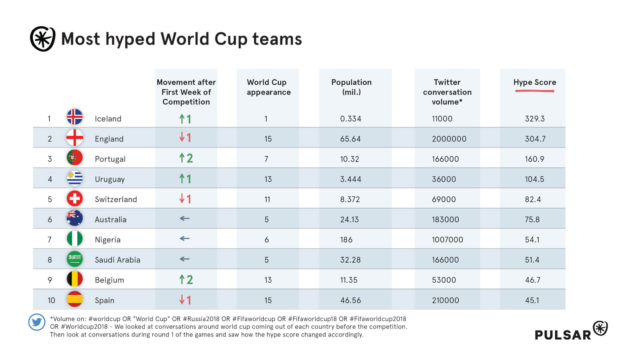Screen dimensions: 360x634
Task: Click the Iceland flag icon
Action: click(75, 117)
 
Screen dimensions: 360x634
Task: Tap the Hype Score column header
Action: click(534, 82)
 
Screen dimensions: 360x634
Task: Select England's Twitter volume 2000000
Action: click(449, 139)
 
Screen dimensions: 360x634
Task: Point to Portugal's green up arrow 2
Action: click(186, 158)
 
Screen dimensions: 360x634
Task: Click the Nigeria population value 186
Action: click(346, 240)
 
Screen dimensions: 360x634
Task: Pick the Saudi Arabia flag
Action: click(75, 259)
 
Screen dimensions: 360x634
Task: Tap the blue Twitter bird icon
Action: click(37, 322)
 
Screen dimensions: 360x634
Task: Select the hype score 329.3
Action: click(534, 119)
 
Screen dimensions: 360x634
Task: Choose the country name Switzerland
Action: click(116, 200)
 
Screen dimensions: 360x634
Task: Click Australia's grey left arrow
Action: click(184, 219)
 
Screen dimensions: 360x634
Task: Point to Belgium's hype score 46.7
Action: click(533, 280)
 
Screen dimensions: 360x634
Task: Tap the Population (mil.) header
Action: click(351, 87)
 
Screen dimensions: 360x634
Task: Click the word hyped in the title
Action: click(130, 39)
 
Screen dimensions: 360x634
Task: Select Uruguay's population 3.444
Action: click(350, 179)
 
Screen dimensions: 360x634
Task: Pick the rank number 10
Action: click(51, 300)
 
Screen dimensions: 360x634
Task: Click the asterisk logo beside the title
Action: click(43, 39)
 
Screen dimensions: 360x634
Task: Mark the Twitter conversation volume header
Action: click(447, 92)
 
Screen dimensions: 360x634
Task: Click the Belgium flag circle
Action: click(75, 279)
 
